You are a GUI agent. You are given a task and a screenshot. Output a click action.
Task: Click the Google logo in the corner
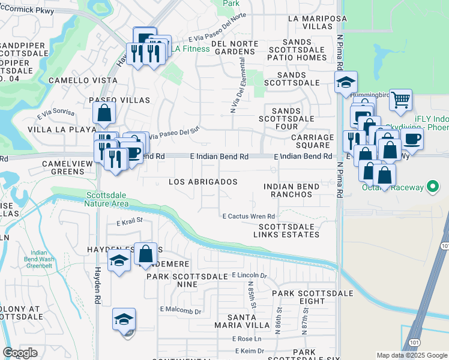[20, 353]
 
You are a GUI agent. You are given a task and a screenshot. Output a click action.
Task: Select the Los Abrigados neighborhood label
[202, 182]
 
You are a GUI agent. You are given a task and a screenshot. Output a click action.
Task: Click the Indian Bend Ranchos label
[291, 191]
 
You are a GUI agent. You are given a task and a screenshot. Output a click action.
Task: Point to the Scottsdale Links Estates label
[286, 230]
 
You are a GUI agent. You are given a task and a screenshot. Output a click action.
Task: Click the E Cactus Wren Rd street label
[249, 216]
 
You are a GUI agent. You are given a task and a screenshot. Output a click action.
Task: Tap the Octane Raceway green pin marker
[432, 188]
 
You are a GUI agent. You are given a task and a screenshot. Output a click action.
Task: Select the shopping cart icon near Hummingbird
[400, 100]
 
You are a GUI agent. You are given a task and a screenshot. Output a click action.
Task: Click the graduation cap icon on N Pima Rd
[346, 82]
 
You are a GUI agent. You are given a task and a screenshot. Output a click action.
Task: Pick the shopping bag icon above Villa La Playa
[104, 112]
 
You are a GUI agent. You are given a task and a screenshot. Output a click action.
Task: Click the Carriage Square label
[312, 141]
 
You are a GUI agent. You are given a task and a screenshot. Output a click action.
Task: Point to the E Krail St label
[130, 221]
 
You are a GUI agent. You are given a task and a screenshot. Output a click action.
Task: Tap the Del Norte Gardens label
[235, 47]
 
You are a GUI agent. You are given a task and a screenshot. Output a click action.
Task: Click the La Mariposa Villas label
[309, 23]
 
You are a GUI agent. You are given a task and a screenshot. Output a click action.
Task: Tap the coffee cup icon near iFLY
[412, 139]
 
